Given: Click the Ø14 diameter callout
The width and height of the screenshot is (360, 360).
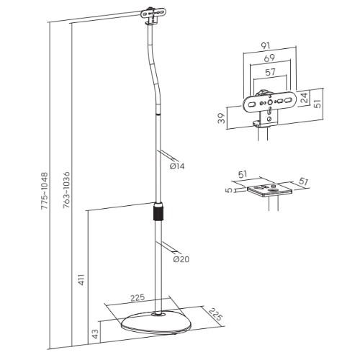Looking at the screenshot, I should click(x=178, y=166).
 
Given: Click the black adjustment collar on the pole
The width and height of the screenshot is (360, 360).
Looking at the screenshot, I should click(x=158, y=214).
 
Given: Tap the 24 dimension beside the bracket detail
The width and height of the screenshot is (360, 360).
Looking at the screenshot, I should click(x=305, y=95).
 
